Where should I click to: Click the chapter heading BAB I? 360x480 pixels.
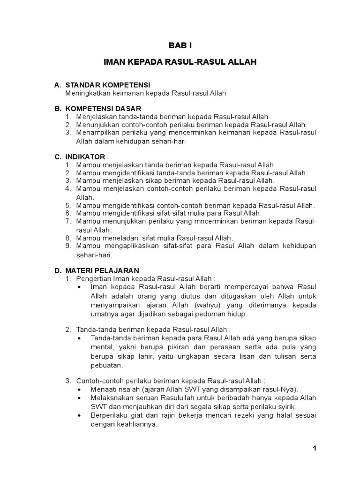[180, 45]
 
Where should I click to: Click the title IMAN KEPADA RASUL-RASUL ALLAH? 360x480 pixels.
[180, 62]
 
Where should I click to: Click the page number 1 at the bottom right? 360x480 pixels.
[315, 448]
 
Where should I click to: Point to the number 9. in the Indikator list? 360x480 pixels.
[68, 246]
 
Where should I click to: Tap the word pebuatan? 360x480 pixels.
[106, 365]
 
